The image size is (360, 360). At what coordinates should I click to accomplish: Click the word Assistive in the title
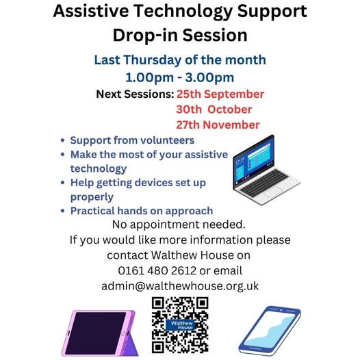[x=91, y=11]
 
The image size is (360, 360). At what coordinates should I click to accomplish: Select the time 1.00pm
[x=149, y=77]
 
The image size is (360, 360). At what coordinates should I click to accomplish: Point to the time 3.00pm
[x=209, y=77]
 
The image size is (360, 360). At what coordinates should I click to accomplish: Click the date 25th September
[x=220, y=94]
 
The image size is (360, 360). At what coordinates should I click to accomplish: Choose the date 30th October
[x=214, y=110]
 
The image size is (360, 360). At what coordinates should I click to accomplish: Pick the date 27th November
[x=218, y=125]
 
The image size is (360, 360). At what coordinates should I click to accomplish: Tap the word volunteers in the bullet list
[x=168, y=140]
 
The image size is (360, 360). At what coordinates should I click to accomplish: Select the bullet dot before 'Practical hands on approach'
[x=62, y=211]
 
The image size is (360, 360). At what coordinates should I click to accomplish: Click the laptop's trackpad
[x=274, y=192]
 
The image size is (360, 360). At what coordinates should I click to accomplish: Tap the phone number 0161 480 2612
[x=157, y=271]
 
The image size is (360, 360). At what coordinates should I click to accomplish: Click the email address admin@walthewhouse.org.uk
[x=180, y=286]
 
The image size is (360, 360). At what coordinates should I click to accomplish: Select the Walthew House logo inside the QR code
[x=180, y=325]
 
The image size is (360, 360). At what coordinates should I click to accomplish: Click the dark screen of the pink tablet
[x=96, y=333]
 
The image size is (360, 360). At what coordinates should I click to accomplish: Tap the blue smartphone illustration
[x=270, y=331]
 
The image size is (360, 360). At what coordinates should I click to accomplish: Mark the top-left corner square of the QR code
[x=157, y=303]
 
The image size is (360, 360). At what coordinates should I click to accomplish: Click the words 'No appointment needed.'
[x=179, y=224]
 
